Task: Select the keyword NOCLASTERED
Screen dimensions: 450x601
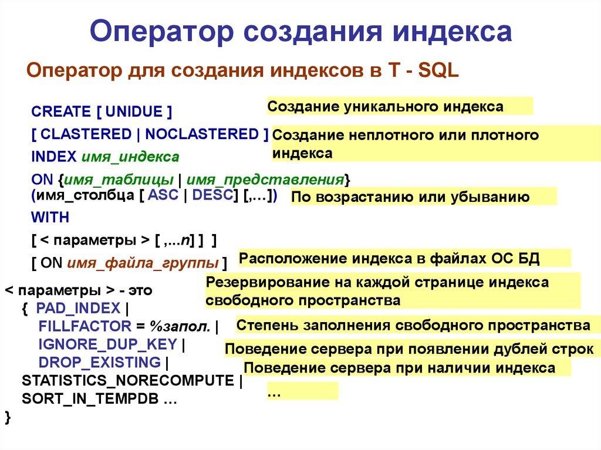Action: tap(201, 134)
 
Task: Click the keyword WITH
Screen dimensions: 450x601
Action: tap(50, 218)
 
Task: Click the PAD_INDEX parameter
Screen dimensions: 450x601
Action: tap(78, 308)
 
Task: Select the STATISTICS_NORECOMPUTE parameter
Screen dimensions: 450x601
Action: tap(127, 380)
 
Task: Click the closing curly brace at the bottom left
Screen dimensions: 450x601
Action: tap(8, 417)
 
